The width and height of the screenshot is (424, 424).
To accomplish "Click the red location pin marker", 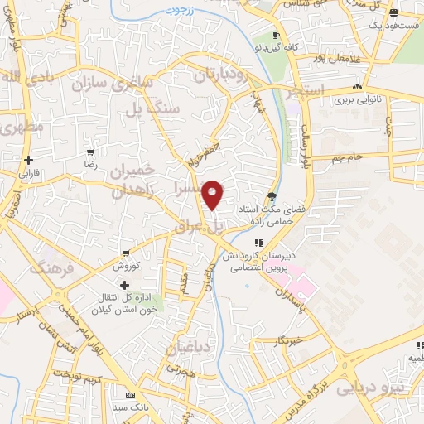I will (x=213, y=195).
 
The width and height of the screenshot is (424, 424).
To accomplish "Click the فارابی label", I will (x=30, y=174).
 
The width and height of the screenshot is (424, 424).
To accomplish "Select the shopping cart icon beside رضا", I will (x=90, y=152).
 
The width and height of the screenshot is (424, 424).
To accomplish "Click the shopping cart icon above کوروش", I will (x=125, y=253).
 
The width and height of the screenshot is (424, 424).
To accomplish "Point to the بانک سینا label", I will (x=129, y=408).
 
